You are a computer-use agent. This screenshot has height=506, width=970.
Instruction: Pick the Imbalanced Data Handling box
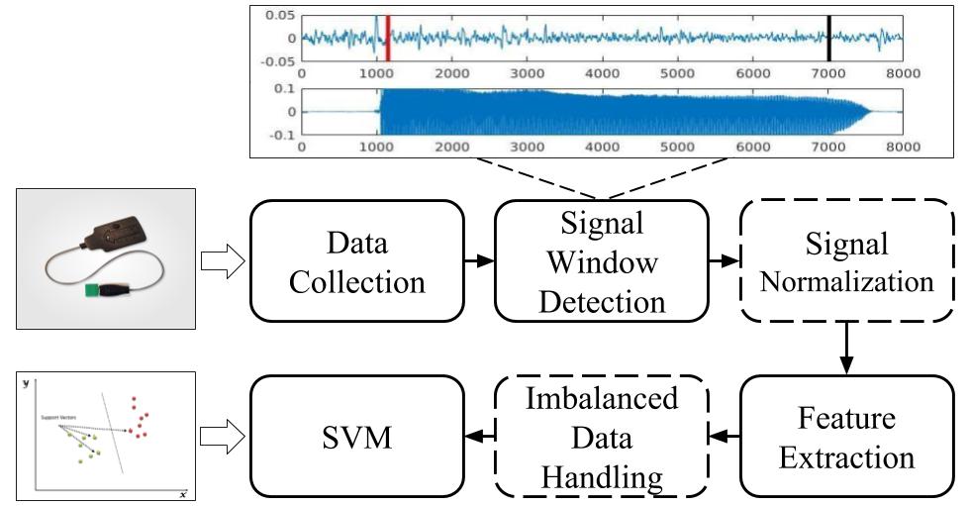point(603,437)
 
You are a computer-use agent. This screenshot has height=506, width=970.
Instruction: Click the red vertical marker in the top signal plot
point(388,38)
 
